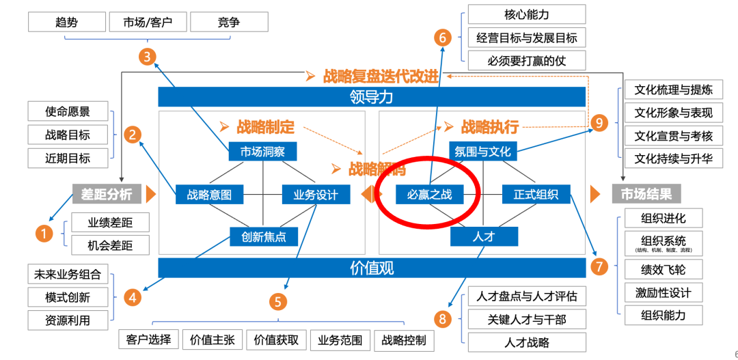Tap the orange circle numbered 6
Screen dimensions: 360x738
pyautogui.click(x=443, y=38)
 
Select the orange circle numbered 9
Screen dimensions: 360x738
pyautogui.click(x=599, y=123)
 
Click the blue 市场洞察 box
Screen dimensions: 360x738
pyautogui.click(x=263, y=152)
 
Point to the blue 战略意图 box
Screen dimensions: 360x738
pyautogui.click(x=209, y=195)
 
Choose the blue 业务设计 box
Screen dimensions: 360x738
pyautogui.click(x=316, y=195)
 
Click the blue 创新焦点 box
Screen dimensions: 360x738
pyautogui.click(x=263, y=237)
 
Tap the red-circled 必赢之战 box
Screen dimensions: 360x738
pyautogui.click(x=429, y=195)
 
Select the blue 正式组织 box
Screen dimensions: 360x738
pyautogui.click(x=536, y=195)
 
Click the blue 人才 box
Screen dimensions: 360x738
pyautogui.click(x=483, y=237)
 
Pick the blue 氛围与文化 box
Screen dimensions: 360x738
pyautogui.click(x=483, y=152)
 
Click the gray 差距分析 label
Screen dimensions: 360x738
pyautogui.click(x=107, y=194)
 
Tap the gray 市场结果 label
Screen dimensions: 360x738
pyautogui.click(x=646, y=194)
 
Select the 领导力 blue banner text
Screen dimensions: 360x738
pyautogui.click(x=372, y=97)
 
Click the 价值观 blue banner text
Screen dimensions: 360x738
pyautogui.click(x=372, y=268)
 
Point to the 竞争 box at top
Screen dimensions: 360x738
pyautogui.click(x=229, y=22)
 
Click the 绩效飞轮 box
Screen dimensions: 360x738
pyautogui.click(x=663, y=269)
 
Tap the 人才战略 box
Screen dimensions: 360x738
pyautogui.click(x=527, y=342)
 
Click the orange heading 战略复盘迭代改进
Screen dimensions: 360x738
pyautogui.click(x=381, y=76)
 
